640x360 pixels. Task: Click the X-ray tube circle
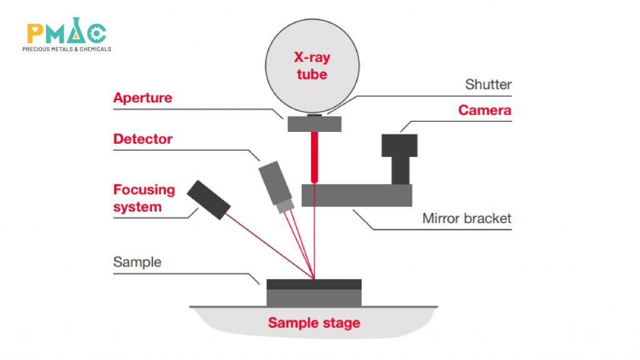(312, 66)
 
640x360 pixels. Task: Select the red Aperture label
(142, 98)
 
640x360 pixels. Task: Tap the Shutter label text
(488, 84)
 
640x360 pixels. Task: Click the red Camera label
(484, 111)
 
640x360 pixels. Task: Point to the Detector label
(142, 139)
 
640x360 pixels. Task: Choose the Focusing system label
(144, 198)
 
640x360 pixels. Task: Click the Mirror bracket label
(466, 218)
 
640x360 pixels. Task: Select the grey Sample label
(137, 262)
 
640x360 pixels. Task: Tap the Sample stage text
(314, 323)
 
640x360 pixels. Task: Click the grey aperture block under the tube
(314, 124)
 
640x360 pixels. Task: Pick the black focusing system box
(209, 200)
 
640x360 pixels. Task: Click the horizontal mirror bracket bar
(356, 195)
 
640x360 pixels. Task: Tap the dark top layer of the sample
(314, 284)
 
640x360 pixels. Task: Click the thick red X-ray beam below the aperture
(314, 156)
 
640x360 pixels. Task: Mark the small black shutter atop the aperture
(315, 115)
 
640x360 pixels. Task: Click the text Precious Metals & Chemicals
(66, 49)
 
